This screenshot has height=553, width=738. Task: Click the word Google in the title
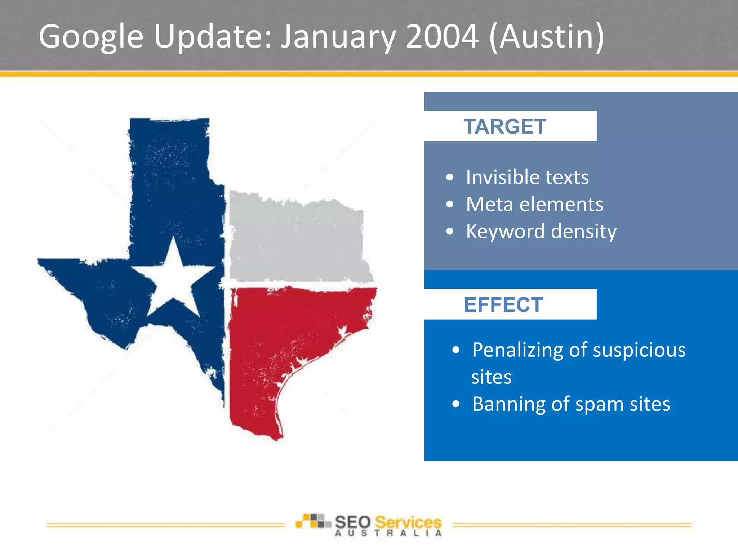tap(91, 37)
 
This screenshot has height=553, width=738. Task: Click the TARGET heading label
tap(504, 126)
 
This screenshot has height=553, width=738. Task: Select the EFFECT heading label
tap(503, 305)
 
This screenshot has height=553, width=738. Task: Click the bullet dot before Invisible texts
tap(449, 177)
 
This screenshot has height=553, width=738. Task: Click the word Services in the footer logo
tap(408, 522)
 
